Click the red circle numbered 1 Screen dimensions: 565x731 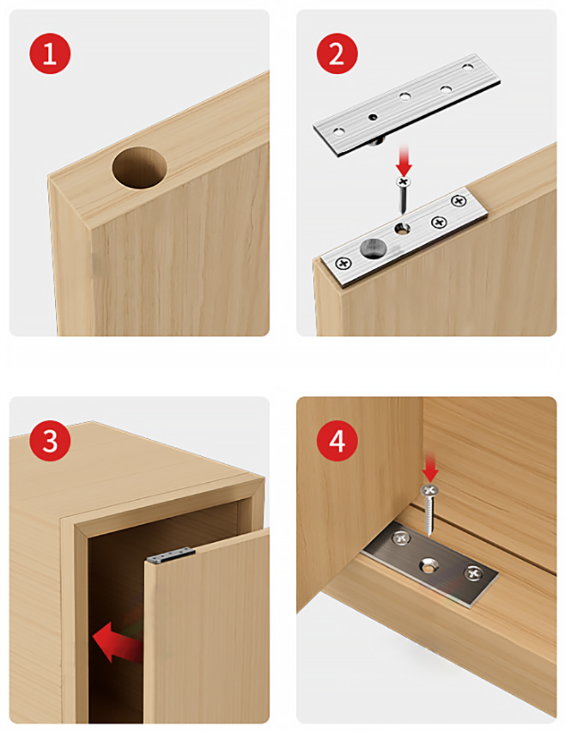[x=50, y=54]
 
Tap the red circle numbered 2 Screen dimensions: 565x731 [x=337, y=54]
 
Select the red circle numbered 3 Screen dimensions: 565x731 [x=50, y=440]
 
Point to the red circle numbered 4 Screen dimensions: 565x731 [x=337, y=440]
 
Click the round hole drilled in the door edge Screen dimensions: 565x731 [x=139, y=168]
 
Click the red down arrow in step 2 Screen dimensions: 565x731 [x=404, y=160]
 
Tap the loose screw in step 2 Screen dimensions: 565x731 [x=403, y=195]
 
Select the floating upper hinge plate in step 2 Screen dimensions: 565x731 [x=406, y=103]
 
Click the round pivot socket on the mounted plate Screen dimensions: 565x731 [x=372, y=247]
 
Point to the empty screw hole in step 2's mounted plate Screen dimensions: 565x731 [x=402, y=228]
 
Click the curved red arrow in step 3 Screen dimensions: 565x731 [x=117, y=641]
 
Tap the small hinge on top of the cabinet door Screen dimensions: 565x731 [x=170, y=555]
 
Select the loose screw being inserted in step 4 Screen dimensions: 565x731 [x=429, y=510]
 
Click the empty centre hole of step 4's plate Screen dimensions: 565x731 [x=427, y=566]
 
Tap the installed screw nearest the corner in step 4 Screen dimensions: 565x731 [x=400, y=539]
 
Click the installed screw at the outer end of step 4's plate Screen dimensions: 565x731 [x=473, y=573]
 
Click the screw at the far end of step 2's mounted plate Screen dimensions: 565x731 [x=459, y=201]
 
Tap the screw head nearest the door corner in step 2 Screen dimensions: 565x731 [x=344, y=264]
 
